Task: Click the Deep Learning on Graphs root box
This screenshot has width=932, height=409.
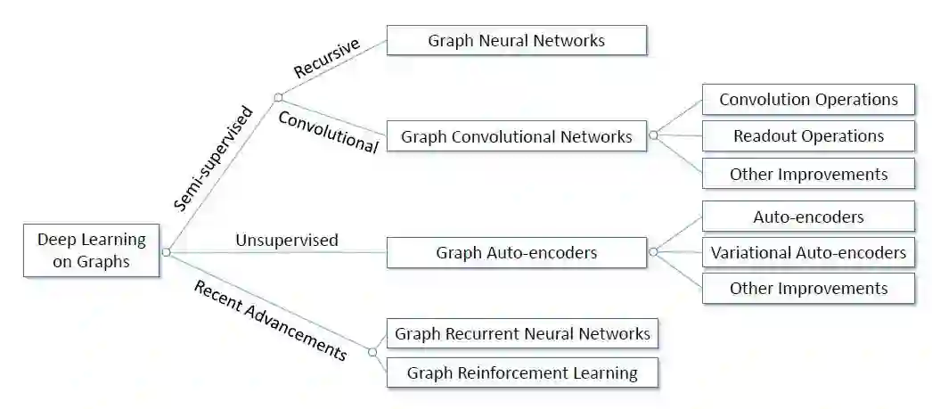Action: (x=91, y=250)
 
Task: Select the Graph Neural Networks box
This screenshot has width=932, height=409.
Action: (x=517, y=40)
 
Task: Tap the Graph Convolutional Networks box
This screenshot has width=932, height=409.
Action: (x=517, y=136)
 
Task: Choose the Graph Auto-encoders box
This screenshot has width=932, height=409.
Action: (x=517, y=252)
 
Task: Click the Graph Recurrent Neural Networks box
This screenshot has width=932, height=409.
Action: (x=522, y=334)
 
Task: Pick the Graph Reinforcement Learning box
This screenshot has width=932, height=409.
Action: (x=522, y=372)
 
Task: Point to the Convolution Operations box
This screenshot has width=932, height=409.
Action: (x=808, y=99)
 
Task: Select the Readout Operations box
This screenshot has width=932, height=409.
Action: (x=808, y=135)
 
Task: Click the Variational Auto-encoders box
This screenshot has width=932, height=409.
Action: (x=808, y=252)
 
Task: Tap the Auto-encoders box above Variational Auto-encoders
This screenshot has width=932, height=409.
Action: (x=808, y=216)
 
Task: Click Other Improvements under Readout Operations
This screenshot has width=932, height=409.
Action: (x=808, y=174)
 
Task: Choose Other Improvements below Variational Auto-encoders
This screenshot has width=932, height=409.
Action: (x=808, y=288)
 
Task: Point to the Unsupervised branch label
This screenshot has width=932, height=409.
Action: (x=286, y=240)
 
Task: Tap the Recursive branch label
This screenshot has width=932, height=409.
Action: (x=326, y=59)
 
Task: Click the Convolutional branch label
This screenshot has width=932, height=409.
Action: (x=328, y=131)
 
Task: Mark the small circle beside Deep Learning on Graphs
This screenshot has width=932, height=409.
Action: (x=166, y=252)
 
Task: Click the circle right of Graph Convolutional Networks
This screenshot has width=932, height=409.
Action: (x=653, y=135)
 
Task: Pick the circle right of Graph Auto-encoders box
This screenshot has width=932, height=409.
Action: (x=653, y=252)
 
